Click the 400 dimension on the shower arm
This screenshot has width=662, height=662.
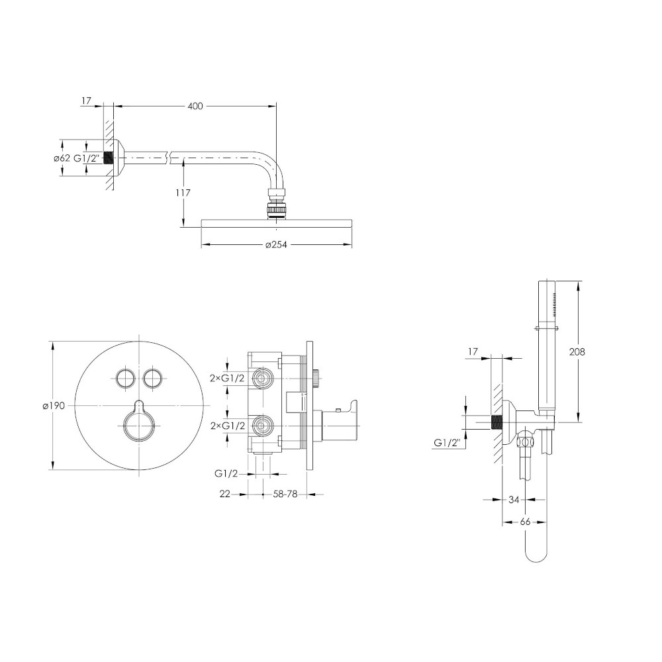195,106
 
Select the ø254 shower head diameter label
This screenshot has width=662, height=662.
276,244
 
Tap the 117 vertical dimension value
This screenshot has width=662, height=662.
183,193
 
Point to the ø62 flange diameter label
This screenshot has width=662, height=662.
62,159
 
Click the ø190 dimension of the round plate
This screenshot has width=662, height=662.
54,406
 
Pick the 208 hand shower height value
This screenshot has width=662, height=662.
577,352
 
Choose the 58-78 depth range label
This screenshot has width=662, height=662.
285,494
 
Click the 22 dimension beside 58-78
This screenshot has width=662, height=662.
225,494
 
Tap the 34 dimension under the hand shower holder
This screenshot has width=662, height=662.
514,500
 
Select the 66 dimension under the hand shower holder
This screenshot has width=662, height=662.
525,522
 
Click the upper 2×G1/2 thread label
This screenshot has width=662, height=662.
227,378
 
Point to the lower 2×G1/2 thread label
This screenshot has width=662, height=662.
228,426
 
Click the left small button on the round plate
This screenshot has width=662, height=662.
126,377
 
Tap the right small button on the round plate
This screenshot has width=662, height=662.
152,377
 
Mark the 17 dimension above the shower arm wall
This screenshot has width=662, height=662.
86,101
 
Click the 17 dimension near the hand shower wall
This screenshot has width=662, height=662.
473,352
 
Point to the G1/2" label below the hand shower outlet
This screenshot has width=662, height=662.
447,443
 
